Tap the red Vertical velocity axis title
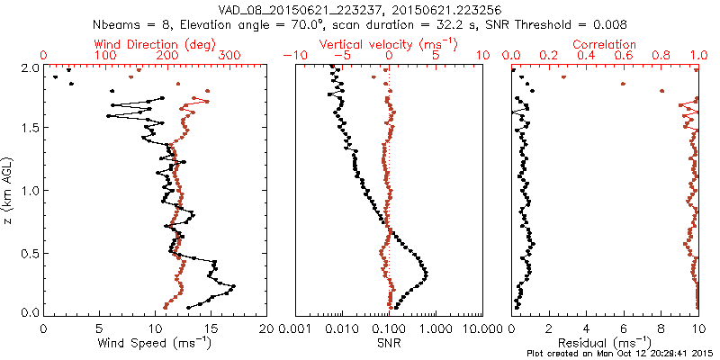click(389, 44)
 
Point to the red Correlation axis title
click(605, 44)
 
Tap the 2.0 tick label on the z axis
click(29, 67)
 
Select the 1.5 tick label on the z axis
click(29, 129)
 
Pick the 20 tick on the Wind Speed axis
click(267, 328)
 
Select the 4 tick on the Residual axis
click(587, 328)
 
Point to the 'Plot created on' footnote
click(621, 354)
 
